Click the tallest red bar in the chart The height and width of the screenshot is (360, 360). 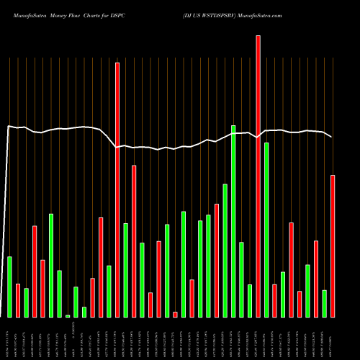[x=258, y=176]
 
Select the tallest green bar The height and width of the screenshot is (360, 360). [x=233, y=221]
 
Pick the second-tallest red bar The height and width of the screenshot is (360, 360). [x=117, y=190]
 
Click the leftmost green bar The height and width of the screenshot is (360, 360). [x=9, y=287]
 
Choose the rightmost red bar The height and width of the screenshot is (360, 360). [x=333, y=246]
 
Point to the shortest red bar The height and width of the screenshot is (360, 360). [x=175, y=314]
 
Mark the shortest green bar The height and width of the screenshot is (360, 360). [x=68, y=315]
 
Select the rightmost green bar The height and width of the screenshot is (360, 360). [x=325, y=303]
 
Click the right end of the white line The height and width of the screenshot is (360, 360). [x=331, y=137]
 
